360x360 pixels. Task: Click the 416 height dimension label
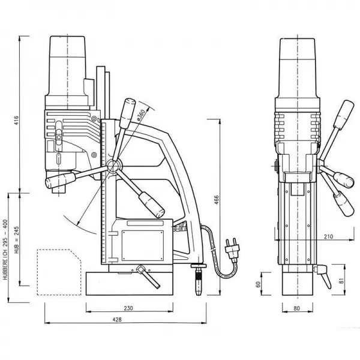point(16,121)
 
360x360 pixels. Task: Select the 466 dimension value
point(216,200)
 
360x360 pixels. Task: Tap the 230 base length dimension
point(128,308)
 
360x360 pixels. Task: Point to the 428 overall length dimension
point(117,319)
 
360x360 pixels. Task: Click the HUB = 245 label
point(17,240)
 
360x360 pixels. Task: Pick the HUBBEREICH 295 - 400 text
point(5,250)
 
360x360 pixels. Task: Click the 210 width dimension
point(329,236)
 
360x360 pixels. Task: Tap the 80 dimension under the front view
point(296,308)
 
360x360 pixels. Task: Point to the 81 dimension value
point(342,281)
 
